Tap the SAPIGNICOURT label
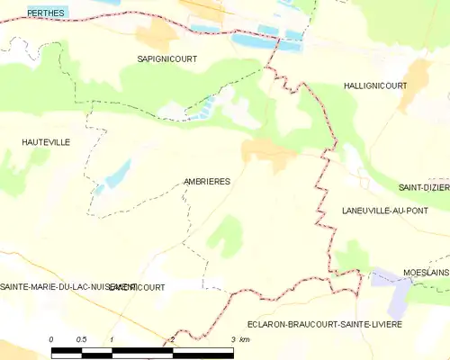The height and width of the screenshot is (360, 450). coord(166,58)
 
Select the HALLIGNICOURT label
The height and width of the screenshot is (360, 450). coord(374,85)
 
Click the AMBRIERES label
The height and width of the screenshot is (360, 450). coord(206,181)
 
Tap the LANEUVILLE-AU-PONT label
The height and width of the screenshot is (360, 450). coord(385,210)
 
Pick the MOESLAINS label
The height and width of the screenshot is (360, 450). coord(426,271)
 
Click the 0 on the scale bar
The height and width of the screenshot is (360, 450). coord(51,338)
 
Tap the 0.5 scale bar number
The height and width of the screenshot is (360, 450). coord(81,338)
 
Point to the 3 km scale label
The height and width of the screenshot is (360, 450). coord(238,338)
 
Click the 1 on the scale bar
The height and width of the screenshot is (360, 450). coord(112,338)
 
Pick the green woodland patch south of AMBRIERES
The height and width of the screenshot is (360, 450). coord(225,233)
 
